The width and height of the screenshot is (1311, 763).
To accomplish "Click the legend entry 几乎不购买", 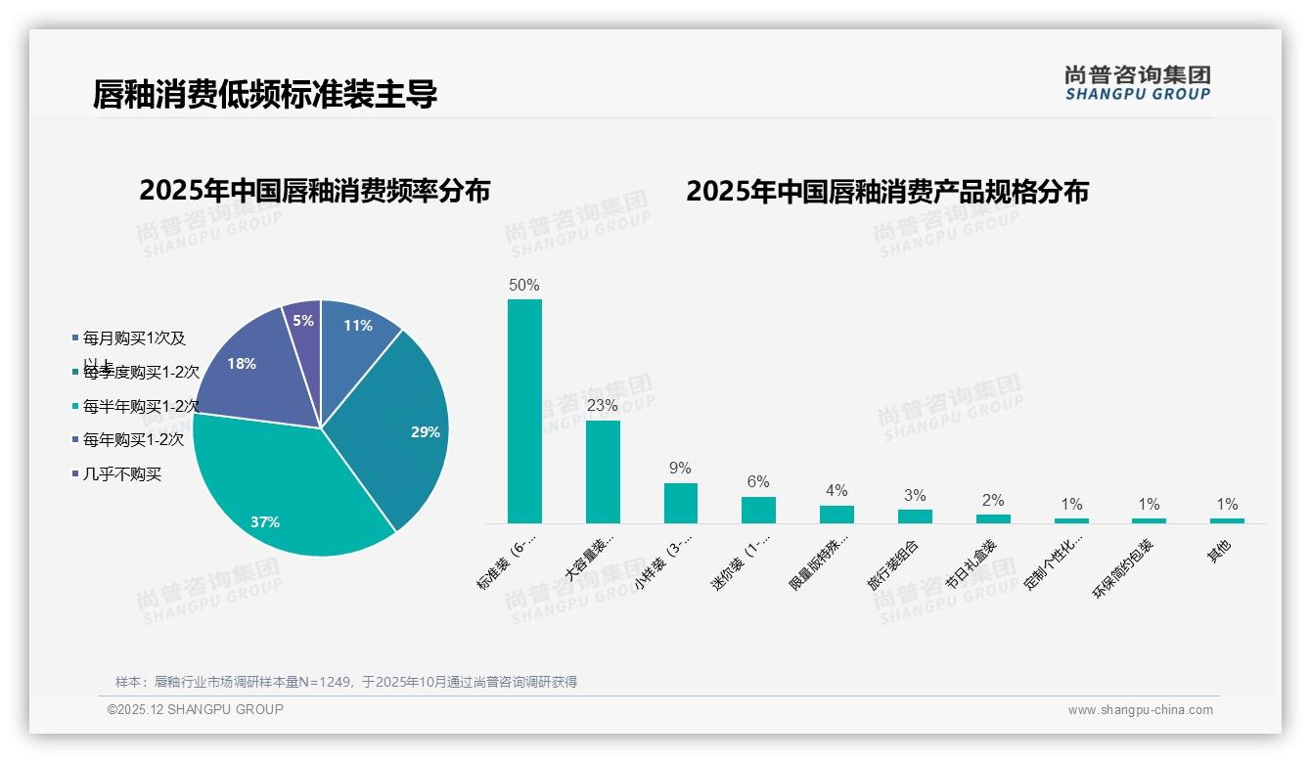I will [121, 474].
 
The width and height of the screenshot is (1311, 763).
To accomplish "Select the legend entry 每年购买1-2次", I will [133, 440].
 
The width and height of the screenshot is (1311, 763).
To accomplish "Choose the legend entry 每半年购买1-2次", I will [141, 406].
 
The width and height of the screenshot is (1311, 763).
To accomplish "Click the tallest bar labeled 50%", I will [524, 411].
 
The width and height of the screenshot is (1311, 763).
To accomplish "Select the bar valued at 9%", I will [681, 503].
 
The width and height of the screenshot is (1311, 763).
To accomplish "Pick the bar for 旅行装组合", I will [915, 516].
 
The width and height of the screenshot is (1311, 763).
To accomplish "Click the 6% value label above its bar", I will [758, 481].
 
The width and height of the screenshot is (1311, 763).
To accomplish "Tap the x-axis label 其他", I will [1219, 552].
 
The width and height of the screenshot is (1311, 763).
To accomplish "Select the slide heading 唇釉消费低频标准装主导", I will [265, 94].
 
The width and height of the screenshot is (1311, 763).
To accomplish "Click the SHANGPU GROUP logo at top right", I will [1138, 83].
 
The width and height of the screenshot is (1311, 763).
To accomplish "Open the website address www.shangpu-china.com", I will [1140, 710].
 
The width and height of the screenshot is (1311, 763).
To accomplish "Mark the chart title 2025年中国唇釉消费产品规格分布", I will [887, 192].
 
